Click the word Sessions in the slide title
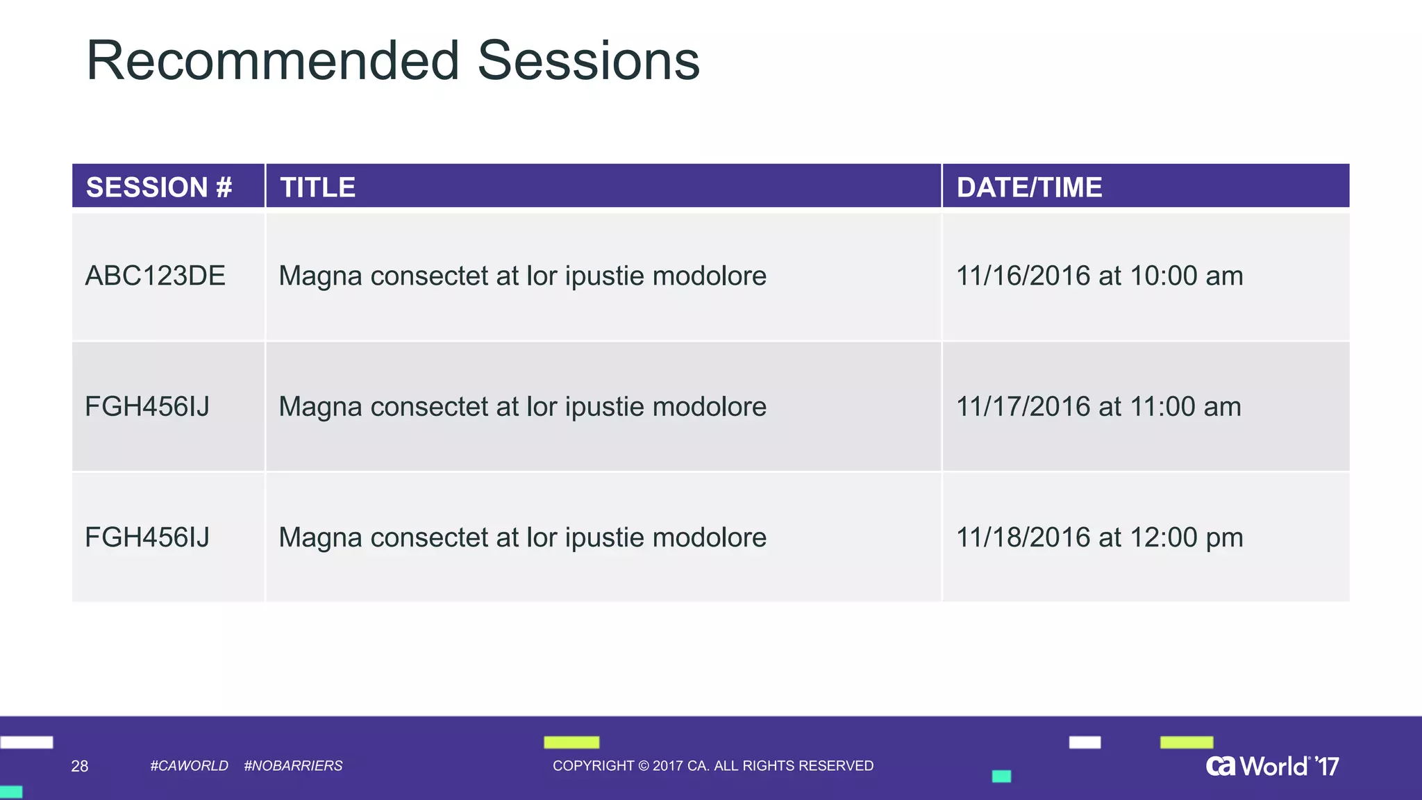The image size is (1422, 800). (589, 61)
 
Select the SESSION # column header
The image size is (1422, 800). (159, 187)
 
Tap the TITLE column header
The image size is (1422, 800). (317, 187)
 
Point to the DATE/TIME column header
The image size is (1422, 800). (1029, 187)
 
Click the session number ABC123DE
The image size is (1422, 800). (155, 276)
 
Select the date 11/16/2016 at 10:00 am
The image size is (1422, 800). (1099, 276)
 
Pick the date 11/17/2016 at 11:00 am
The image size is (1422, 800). (1098, 406)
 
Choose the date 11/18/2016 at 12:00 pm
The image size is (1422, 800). (1099, 537)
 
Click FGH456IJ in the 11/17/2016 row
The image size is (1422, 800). (147, 406)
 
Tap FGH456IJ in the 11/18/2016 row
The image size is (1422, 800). (147, 537)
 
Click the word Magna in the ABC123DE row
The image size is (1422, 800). (320, 276)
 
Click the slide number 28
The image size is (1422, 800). (80, 766)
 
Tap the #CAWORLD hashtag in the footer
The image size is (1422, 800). (189, 765)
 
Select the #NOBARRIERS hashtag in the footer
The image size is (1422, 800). (293, 765)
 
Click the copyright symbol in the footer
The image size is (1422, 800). (643, 765)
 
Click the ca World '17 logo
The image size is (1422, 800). (1272, 766)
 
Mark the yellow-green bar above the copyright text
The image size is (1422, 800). (571, 742)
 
